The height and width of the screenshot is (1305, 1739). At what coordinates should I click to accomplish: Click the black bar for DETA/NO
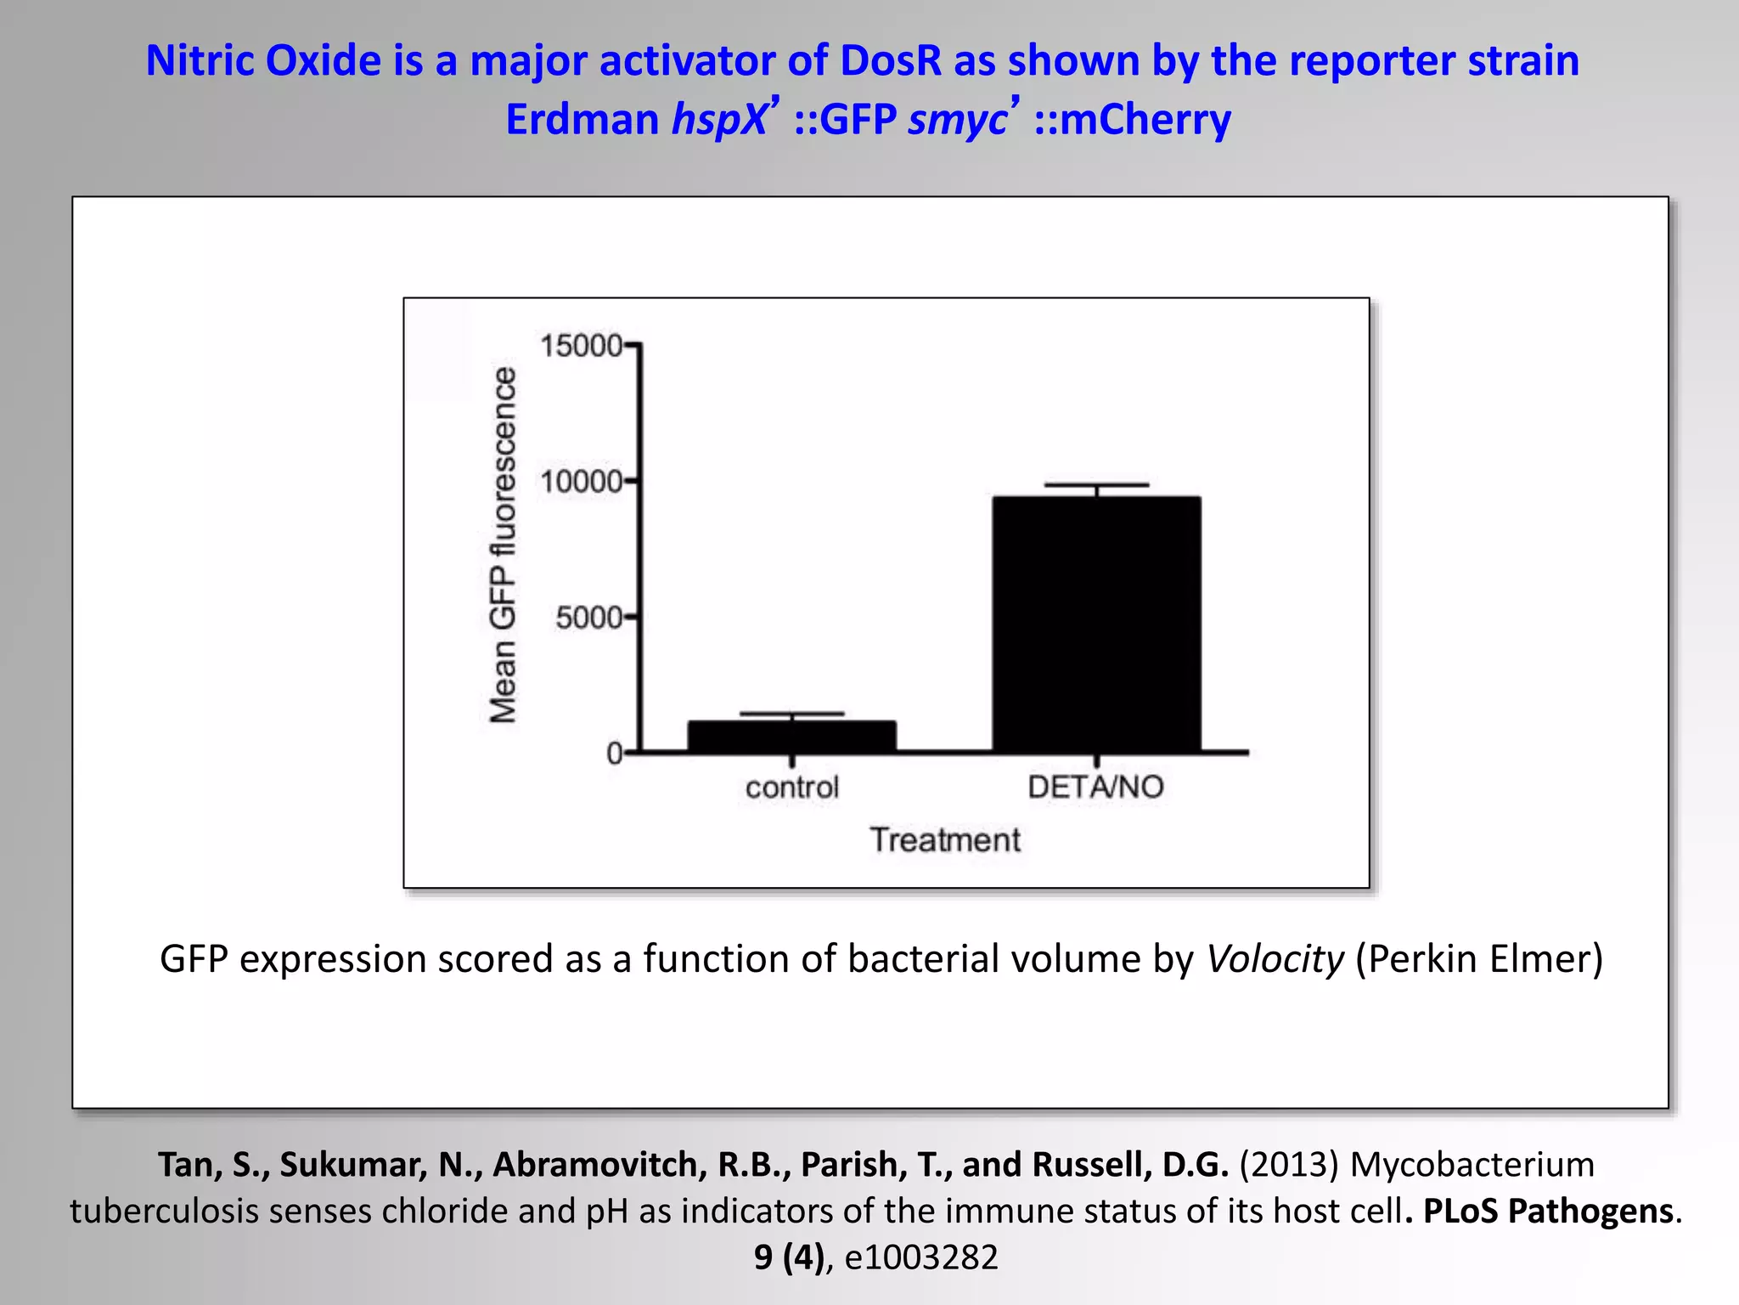[x=1096, y=624]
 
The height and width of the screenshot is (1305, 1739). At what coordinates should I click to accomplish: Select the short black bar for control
[x=791, y=736]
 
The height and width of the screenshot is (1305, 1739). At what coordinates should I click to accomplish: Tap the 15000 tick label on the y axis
[x=581, y=346]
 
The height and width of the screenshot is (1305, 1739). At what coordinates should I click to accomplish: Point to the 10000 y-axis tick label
[x=581, y=482]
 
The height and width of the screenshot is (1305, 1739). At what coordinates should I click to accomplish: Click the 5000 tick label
[x=588, y=618]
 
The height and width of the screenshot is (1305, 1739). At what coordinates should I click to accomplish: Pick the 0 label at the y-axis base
[x=614, y=754]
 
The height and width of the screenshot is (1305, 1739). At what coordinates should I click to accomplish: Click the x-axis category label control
[x=791, y=788]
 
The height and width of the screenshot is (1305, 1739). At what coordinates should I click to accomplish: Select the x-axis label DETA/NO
[x=1095, y=787]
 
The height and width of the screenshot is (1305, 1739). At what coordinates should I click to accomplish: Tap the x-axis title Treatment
[x=944, y=839]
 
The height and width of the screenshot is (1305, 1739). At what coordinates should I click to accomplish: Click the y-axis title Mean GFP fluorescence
[x=503, y=545]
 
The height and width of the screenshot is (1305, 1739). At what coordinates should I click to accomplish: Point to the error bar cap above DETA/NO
[x=1096, y=485]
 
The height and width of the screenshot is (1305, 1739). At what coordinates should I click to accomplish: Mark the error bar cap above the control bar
[x=791, y=714]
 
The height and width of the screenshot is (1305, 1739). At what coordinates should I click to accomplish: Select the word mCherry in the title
[x=1145, y=119]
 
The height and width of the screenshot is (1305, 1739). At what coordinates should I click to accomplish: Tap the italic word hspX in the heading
[x=718, y=119]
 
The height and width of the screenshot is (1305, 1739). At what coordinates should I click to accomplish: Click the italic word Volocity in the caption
[x=1275, y=959]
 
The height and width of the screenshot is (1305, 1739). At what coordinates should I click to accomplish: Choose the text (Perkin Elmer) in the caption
[x=1478, y=959]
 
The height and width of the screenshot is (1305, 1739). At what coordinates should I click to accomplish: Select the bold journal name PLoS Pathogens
[x=1547, y=1211]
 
